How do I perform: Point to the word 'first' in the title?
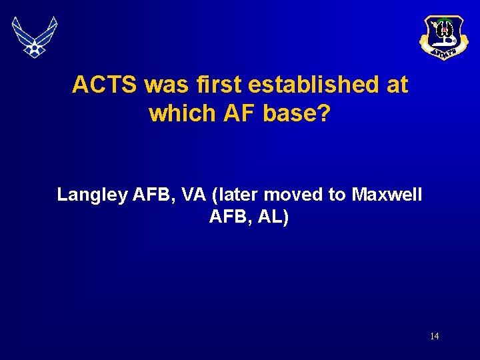coord(217,85)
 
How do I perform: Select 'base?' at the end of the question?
coord(297,113)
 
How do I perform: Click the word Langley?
coord(92,195)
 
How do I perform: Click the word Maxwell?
coord(387,195)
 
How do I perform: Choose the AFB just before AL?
coord(227,217)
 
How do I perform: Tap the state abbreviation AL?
coord(271,217)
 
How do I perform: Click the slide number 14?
coord(434,336)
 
